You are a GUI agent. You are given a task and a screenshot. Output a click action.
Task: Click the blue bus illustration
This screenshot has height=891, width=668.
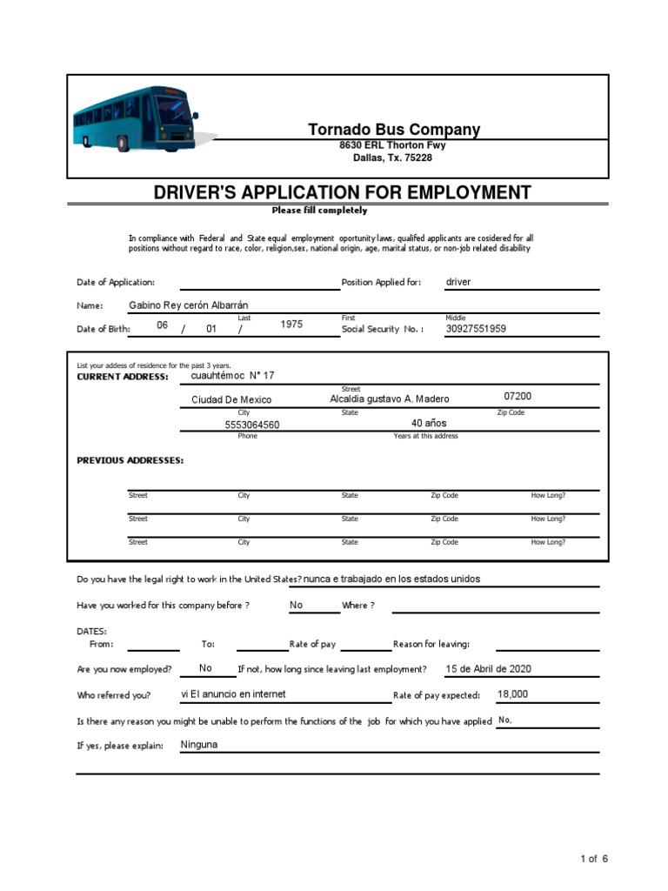[x=135, y=117]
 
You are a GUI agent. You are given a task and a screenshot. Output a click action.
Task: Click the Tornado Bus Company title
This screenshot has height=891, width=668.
[x=393, y=130]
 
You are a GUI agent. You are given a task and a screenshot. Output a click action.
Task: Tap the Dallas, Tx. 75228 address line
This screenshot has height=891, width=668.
[x=392, y=158]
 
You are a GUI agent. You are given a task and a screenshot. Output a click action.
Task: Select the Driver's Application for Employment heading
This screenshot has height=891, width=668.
[x=342, y=192]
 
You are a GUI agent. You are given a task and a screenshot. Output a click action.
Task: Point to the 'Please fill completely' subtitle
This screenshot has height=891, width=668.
[x=319, y=211]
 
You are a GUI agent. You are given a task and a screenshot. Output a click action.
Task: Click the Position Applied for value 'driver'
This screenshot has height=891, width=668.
[x=458, y=282]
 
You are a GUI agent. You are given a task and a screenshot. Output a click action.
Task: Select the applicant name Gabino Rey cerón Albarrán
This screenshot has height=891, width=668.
[x=188, y=305]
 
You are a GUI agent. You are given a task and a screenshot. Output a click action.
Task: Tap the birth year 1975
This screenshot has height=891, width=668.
[x=291, y=325]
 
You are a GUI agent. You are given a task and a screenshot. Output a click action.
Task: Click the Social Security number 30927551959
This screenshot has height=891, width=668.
[x=476, y=329]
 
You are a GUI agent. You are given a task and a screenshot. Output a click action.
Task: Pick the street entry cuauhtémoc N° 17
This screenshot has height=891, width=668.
[x=232, y=376]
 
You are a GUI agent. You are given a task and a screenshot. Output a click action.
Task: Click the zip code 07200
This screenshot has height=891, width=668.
[x=518, y=396]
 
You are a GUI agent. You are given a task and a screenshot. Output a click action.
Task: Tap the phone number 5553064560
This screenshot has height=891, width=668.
[x=252, y=425]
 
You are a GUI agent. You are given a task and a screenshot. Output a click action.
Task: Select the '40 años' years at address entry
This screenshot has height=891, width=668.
[x=429, y=423]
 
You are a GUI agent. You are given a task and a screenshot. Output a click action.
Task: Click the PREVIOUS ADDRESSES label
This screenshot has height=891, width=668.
[x=130, y=460]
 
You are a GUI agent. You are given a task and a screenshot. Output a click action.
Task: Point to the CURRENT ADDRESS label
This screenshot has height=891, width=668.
[x=123, y=377]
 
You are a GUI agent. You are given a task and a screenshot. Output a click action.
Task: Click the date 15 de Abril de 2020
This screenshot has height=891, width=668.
[x=488, y=668]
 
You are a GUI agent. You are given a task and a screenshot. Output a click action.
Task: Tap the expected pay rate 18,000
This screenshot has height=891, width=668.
[x=512, y=694]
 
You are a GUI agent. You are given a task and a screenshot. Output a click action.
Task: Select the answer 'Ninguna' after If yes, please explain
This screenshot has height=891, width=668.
[x=199, y=745]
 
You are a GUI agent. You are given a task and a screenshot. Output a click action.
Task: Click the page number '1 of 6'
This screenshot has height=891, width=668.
[x=594, y=859]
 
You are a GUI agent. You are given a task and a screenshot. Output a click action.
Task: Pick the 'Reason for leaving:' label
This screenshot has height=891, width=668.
[x=431, y=644]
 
